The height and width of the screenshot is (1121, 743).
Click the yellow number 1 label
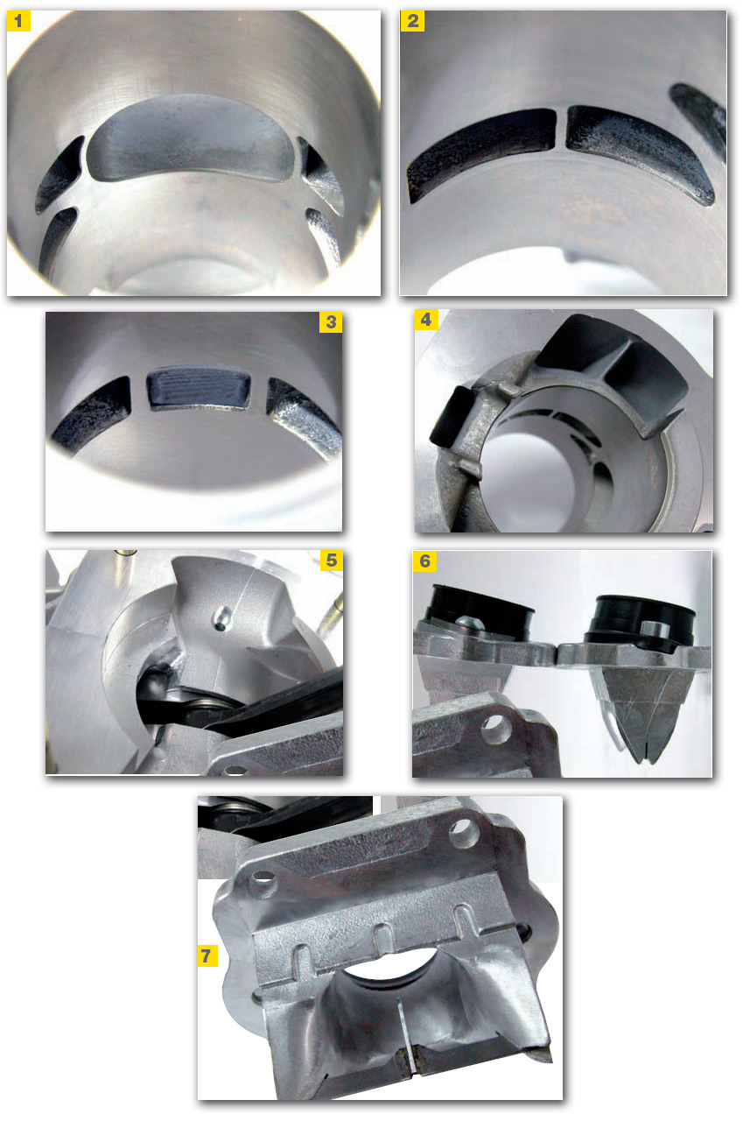click(18, 21)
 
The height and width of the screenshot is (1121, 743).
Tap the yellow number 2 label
click(412, 21)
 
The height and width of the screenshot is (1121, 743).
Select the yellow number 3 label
click(331, 322)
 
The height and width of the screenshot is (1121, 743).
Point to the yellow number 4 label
click(426, 320)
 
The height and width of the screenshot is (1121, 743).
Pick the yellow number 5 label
click(332, 560)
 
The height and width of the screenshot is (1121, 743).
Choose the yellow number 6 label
click(424, 561)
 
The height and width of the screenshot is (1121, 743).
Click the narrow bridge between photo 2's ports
click(561, 129)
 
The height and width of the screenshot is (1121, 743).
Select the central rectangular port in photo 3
click(199, 386)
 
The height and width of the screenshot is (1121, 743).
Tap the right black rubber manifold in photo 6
click(641, 621)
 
